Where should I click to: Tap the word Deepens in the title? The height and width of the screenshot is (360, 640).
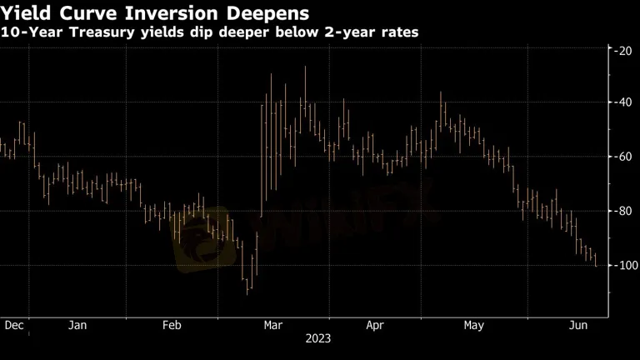(x=267, y=14)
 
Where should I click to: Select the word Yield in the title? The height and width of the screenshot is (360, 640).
(x=27, y=13)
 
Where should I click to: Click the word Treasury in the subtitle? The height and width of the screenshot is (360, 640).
(x=102, y=32)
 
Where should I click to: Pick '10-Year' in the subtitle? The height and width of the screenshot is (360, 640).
(x=32, y=32)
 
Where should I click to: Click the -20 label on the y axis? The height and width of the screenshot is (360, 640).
(x=622, y=51)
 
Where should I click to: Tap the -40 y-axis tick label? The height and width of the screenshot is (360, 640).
(x=622, y=102)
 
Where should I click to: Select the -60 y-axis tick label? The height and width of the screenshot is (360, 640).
(x=622, y=157)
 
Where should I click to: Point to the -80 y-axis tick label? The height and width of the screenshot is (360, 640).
(x=622, y=211)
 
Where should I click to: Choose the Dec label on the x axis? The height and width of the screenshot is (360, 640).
(x=14, y=325)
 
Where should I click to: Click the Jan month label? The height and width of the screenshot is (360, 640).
(x=77, y=325)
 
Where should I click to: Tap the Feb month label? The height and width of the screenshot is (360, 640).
(x=172, y=325)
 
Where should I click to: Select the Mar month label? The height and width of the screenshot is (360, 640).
(x=273, y=325)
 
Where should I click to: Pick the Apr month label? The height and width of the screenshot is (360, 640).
(x=375, y=325)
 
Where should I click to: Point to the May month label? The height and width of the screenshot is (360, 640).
(x=473, y=325)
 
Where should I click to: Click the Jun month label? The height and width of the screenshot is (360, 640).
(x=578, y=325)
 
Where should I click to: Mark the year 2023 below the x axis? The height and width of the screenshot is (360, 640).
(x=318, y=338)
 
